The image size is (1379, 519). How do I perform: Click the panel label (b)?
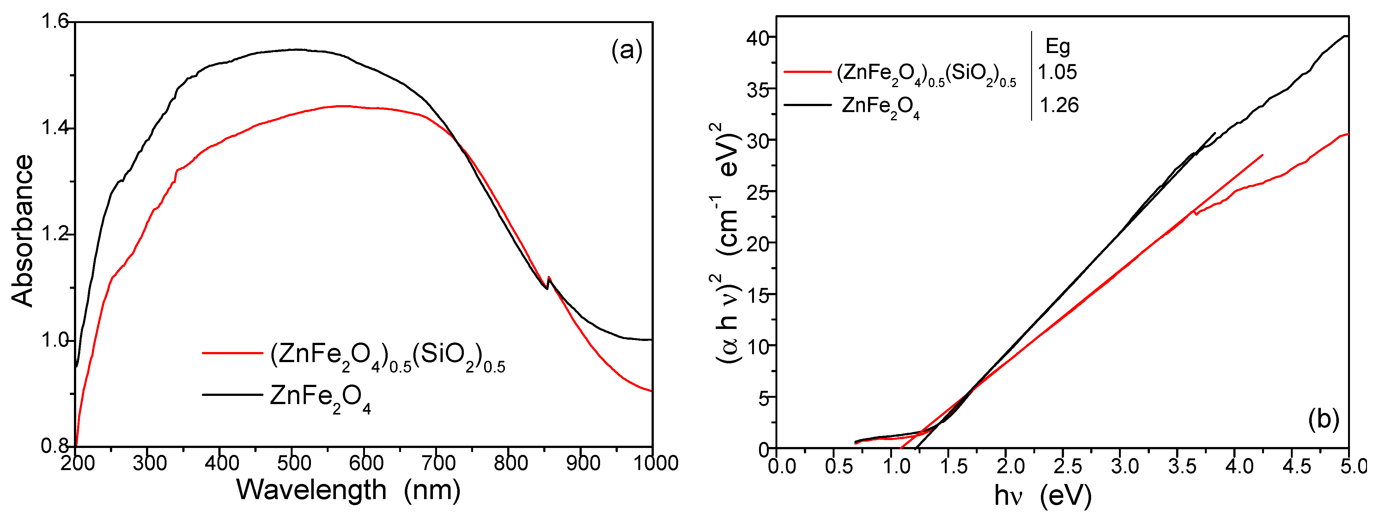pyautogui.click(x=1323, y=419)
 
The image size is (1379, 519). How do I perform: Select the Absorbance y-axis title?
pyautogui.click(x=22, y=231)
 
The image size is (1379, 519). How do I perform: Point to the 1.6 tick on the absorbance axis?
pyautogui.click(x=55, y=22)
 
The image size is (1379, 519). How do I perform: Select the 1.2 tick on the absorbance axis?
pyautogui.click(x=55, y=234)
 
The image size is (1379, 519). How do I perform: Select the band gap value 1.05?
pyautogui.click(x=1057, y=72)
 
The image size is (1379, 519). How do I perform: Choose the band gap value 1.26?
pyautogui.click(x=1059, y=105)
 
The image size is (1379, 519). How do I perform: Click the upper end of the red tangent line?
pyautogui.click(x=1262, y=155)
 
